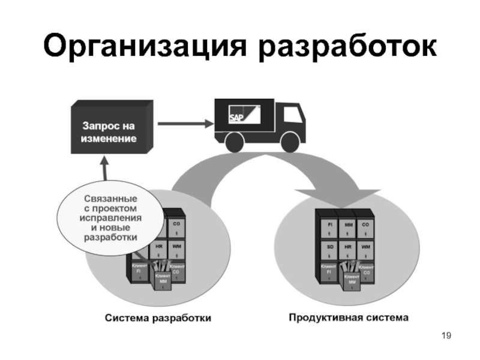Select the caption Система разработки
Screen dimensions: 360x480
click(158, 318)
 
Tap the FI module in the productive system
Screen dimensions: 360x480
click(330, 226)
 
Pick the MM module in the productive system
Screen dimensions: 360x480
click(348, 226)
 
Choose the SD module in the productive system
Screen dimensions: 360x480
click(330, 248)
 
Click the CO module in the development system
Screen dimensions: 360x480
click(176, 226)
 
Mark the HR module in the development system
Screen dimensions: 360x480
click(158, 248)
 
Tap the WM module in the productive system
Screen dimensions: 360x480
click(365, 248)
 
